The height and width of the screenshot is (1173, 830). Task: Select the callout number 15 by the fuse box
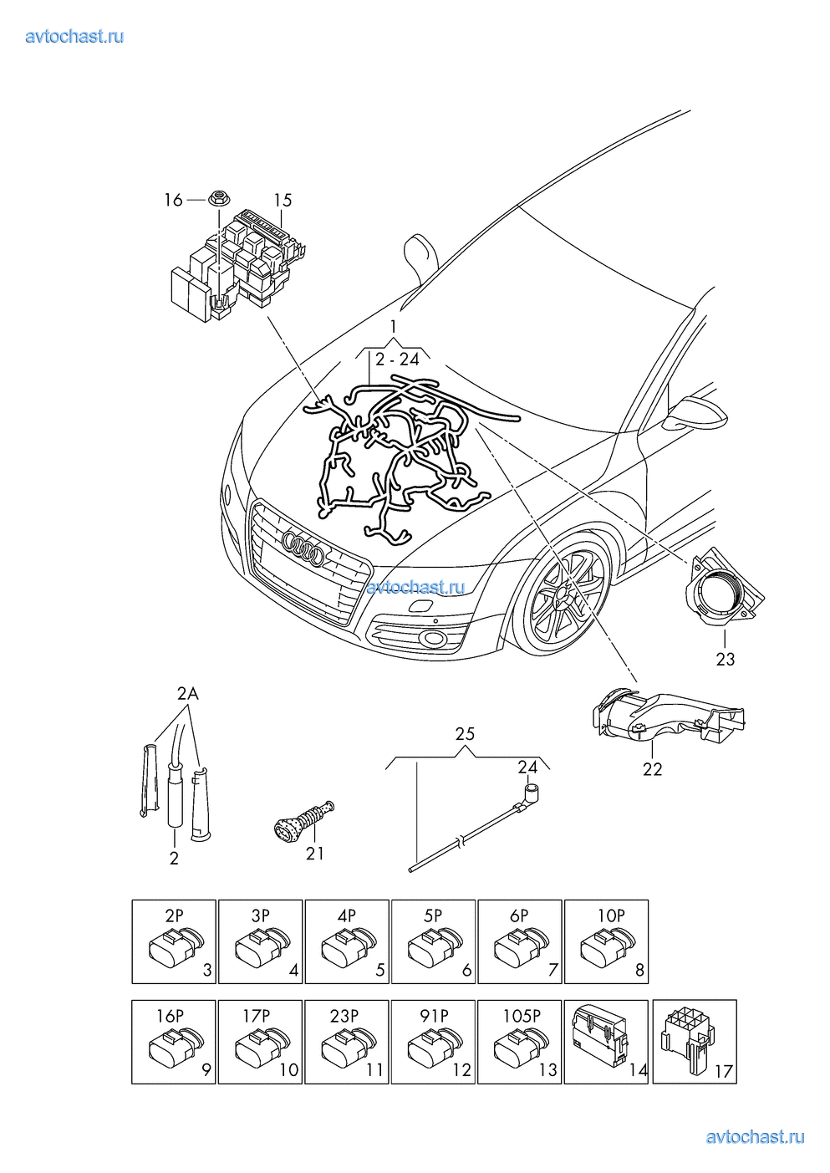pyautogui.click(x=283, y=200)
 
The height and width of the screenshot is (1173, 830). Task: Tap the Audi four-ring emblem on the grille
pyautogui.click(x=303, y=548)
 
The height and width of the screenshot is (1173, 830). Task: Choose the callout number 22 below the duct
pyautogui.click(x=652, y=769)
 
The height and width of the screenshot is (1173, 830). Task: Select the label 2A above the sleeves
pyautogui.click(x=188, y=693)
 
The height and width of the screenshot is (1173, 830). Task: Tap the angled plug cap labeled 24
pyautogui.click(x=529, y=790)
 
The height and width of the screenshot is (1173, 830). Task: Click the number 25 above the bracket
pyautogui.click(x=465, y=733)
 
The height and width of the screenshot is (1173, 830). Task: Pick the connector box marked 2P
pyautogui.click(x=174, y=941)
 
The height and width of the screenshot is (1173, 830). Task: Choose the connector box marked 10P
pyautogui.click(x=606, y=941)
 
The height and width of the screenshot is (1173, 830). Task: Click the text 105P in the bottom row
pyautogui.click(x=522, y=1016)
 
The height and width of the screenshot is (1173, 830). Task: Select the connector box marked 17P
pyautogui.click(x=260, y=1042)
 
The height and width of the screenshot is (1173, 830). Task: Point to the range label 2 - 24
pyautogui.click(x=397, y=360)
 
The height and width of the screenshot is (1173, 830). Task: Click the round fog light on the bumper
pyautogui.click(x=434, y=640)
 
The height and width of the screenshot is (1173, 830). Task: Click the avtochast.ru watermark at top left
pyautogui.click(x=74, y=36)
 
